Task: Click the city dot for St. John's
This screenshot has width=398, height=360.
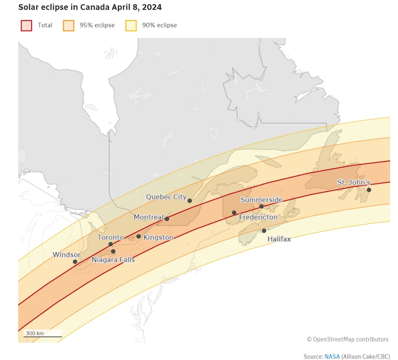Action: (x=369, y=190)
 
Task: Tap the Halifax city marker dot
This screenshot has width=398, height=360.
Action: (x=264, y=231)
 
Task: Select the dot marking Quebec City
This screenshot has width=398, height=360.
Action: (x=189, y=201)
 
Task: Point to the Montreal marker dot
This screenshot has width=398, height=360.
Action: (x=167, y=218)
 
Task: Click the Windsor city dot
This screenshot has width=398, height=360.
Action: (x=75, y=262)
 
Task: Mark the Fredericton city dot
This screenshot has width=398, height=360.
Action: (x=234, y=213)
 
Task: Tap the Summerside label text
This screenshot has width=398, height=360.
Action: (x=261, y=200)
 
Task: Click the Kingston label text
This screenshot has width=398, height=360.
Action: (x=159, y=237)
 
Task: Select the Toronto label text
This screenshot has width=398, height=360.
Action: (x=110, y=237)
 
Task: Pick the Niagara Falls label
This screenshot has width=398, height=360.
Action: (x=113, y=260)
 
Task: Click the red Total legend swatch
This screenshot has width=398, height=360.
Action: (x=26, y=25)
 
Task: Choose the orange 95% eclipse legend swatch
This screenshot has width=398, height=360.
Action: (x=68, y=25)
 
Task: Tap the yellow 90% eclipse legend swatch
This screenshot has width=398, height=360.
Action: (x=131, y=25)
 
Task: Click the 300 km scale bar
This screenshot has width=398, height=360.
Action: (x=42, y=336)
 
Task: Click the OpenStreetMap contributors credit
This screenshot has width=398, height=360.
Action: (x=347, y=340)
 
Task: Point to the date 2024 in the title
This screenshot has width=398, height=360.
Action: (x=153, y=8)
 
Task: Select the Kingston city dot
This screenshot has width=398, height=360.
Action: (x=138, y=236)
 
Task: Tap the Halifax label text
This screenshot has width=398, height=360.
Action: (x=279, y=238)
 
